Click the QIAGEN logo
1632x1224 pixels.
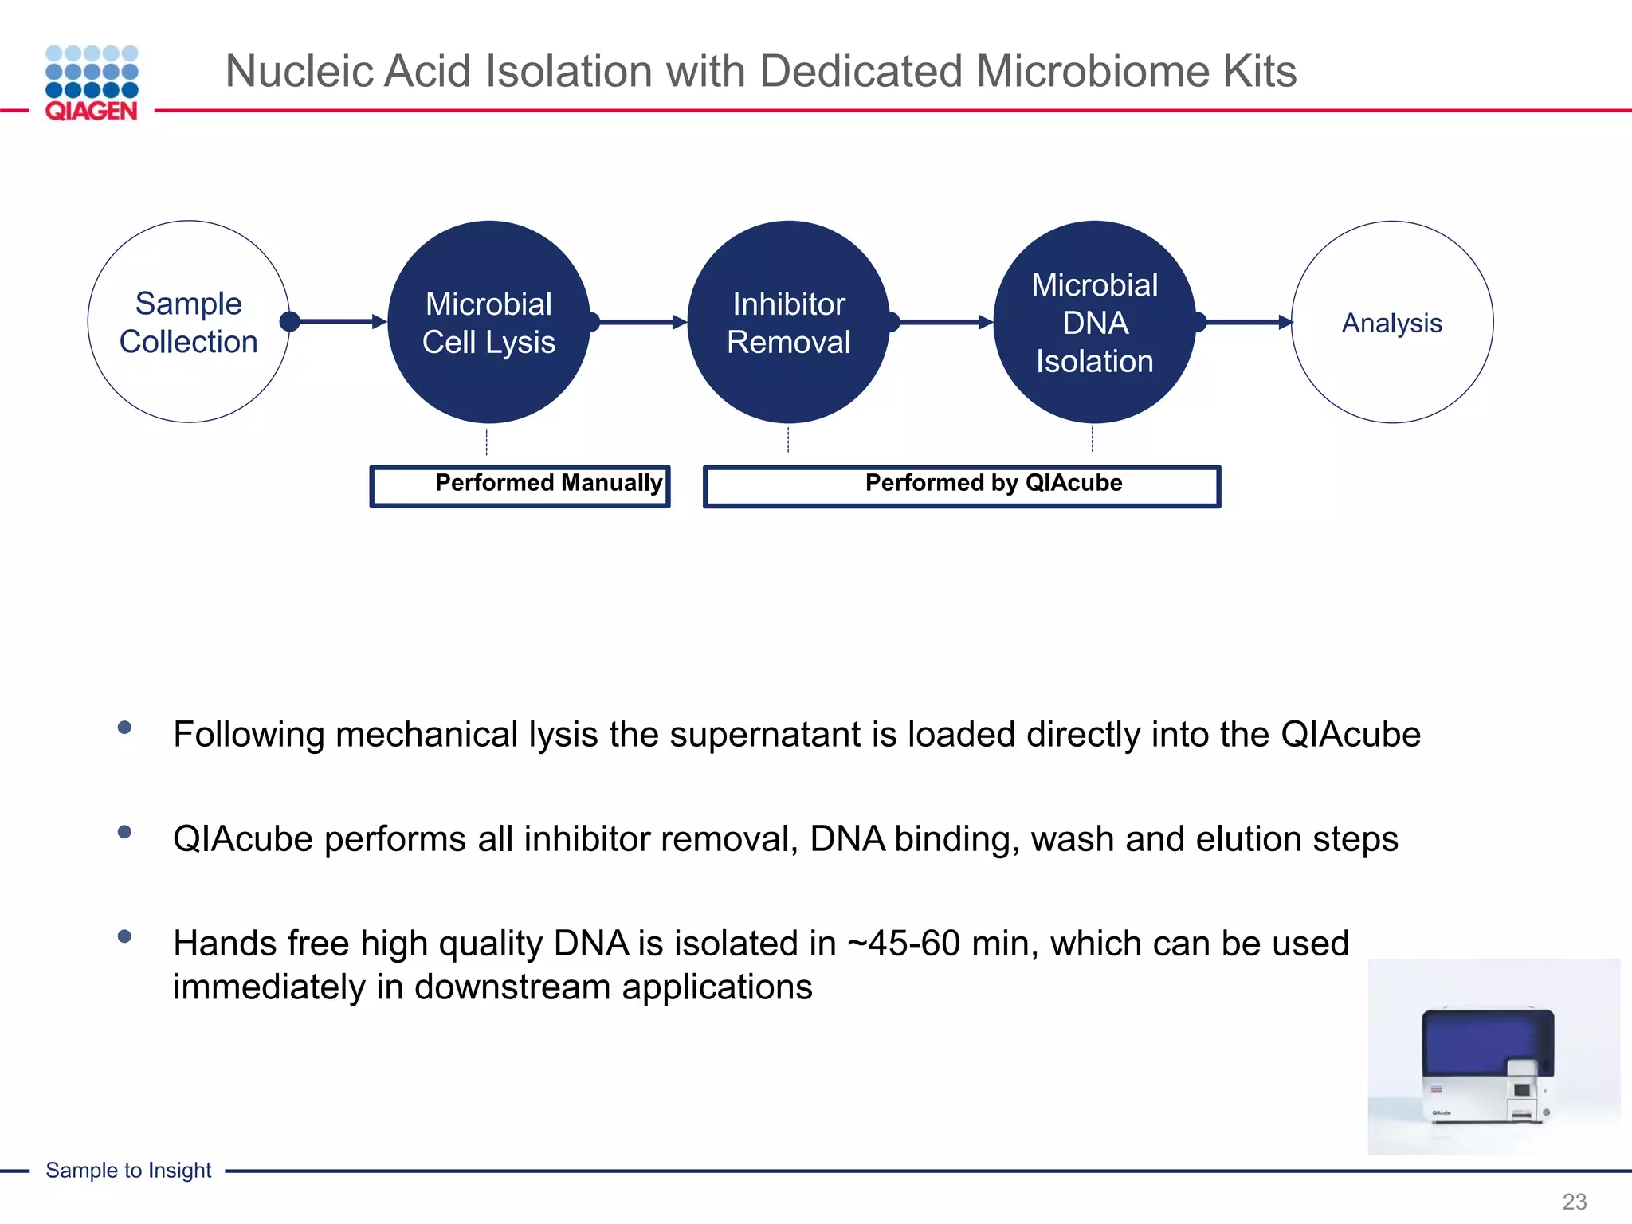92,83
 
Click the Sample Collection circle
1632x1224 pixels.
189,322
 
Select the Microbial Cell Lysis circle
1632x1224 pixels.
488,322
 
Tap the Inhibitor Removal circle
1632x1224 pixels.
788,322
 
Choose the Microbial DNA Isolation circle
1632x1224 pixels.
1094,322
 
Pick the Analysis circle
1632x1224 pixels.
1391,322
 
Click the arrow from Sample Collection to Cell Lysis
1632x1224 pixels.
339,322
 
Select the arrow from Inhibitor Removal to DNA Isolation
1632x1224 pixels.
944,322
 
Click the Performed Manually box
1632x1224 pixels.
520,485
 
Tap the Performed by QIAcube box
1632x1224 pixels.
962,485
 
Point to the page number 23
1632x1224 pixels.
1574,1201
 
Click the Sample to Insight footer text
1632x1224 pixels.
128,1170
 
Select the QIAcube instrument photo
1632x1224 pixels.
1493,1057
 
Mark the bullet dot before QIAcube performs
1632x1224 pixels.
124,832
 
